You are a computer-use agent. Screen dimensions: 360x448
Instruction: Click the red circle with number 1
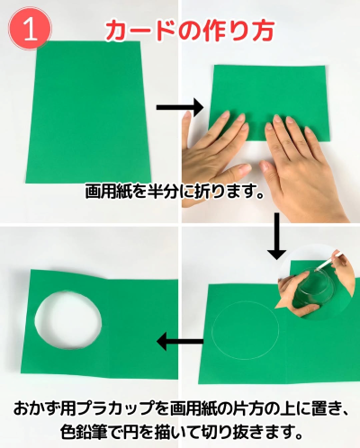click(x=30, y=29)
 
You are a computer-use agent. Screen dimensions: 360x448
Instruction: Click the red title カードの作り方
click(x=190, y=31)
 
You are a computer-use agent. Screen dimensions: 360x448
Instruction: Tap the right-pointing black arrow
click(x=180, y=107)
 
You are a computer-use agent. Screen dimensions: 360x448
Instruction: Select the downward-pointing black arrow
click(x=276, y=236)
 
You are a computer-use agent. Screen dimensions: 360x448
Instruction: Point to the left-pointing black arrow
click(x=180, y=341)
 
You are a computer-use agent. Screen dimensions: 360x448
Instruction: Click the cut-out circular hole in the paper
click(x=68, y=320)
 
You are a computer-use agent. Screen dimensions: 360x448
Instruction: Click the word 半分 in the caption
click(x=163, y=191)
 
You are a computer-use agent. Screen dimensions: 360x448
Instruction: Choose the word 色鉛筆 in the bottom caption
click(x=84, y=432)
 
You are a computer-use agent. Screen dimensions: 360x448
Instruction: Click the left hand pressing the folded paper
click(x=214, y=150)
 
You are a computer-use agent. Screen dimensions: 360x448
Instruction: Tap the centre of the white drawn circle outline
click(x=246, y=330)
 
